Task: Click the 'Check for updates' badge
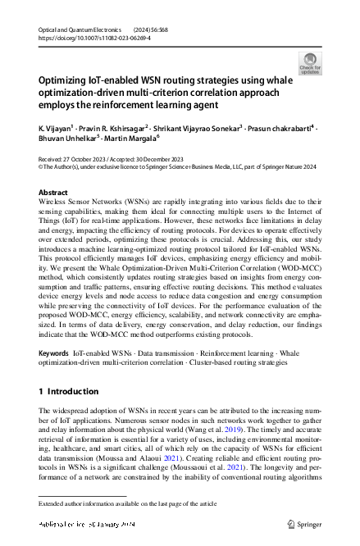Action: [x=310, y=63]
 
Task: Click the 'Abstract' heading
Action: [x=53, y=192]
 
